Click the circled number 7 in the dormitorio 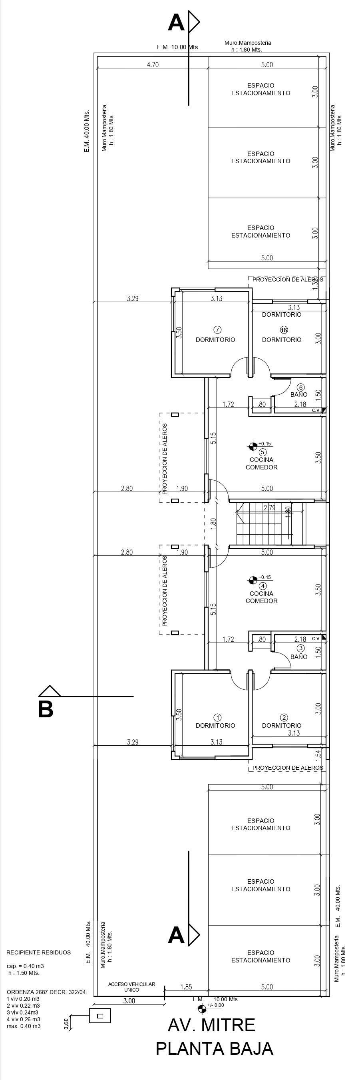click(217, 330)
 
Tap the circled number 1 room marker click(217, 718)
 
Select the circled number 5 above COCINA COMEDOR click(263, 452)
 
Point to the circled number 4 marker click(263, 586)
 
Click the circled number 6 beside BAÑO click(300, 387)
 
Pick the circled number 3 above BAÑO click(300, 648)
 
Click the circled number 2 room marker click(284, 717)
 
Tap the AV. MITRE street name click(211, 1025)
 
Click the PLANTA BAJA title click(214, 1048)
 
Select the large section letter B click(46, 709)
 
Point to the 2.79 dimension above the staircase click(269, 508)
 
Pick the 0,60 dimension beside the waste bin click(66, 1020)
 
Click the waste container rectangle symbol click(100, 1016)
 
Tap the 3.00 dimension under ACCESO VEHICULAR click(129, 1001)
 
